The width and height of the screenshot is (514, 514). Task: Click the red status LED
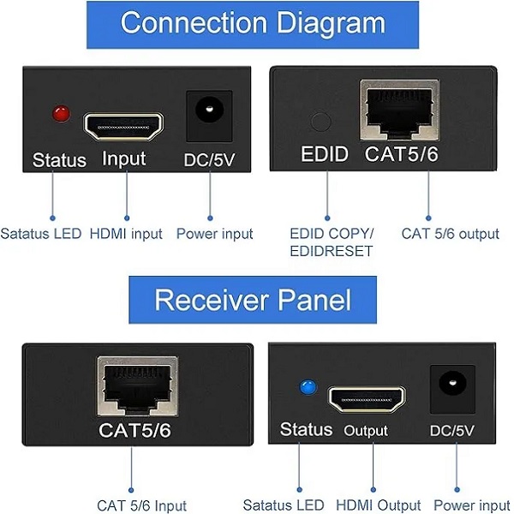pos(61,113)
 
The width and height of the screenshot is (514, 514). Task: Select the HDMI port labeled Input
pos(125,126)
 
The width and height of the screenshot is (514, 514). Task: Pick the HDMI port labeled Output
pos(368,398)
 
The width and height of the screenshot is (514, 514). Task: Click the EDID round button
pos(321,122)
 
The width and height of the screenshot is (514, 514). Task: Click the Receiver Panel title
pos(254,300)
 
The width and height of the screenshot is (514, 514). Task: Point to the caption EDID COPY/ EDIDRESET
pos(332,242)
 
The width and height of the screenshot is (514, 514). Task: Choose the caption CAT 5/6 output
pos(450,233)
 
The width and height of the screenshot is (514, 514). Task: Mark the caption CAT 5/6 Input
pos(142,505)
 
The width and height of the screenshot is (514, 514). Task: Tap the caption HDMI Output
pos(378,505)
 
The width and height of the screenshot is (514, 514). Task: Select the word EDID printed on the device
pos(325,155)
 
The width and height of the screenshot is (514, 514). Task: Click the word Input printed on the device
pos(124,158)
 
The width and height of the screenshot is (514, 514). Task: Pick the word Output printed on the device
pos(366,431)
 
